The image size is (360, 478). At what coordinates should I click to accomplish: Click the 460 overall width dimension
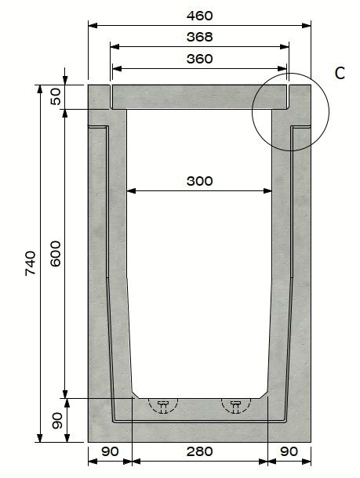point(200,16)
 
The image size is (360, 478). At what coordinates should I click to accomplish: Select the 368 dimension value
point(200,37)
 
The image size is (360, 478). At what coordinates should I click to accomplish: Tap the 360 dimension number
point(200,59)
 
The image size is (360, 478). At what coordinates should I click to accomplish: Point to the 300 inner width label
point(200,180)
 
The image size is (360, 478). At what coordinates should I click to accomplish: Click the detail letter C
point(340,73)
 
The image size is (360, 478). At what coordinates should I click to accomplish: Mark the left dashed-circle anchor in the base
point(163,404)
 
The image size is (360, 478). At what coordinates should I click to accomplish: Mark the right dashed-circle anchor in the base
point(235,404)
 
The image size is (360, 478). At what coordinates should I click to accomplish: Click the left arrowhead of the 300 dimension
point(130,190)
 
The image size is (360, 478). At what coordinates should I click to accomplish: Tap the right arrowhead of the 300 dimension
point(269,190)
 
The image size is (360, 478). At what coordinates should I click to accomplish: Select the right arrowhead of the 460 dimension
point(309,26)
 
